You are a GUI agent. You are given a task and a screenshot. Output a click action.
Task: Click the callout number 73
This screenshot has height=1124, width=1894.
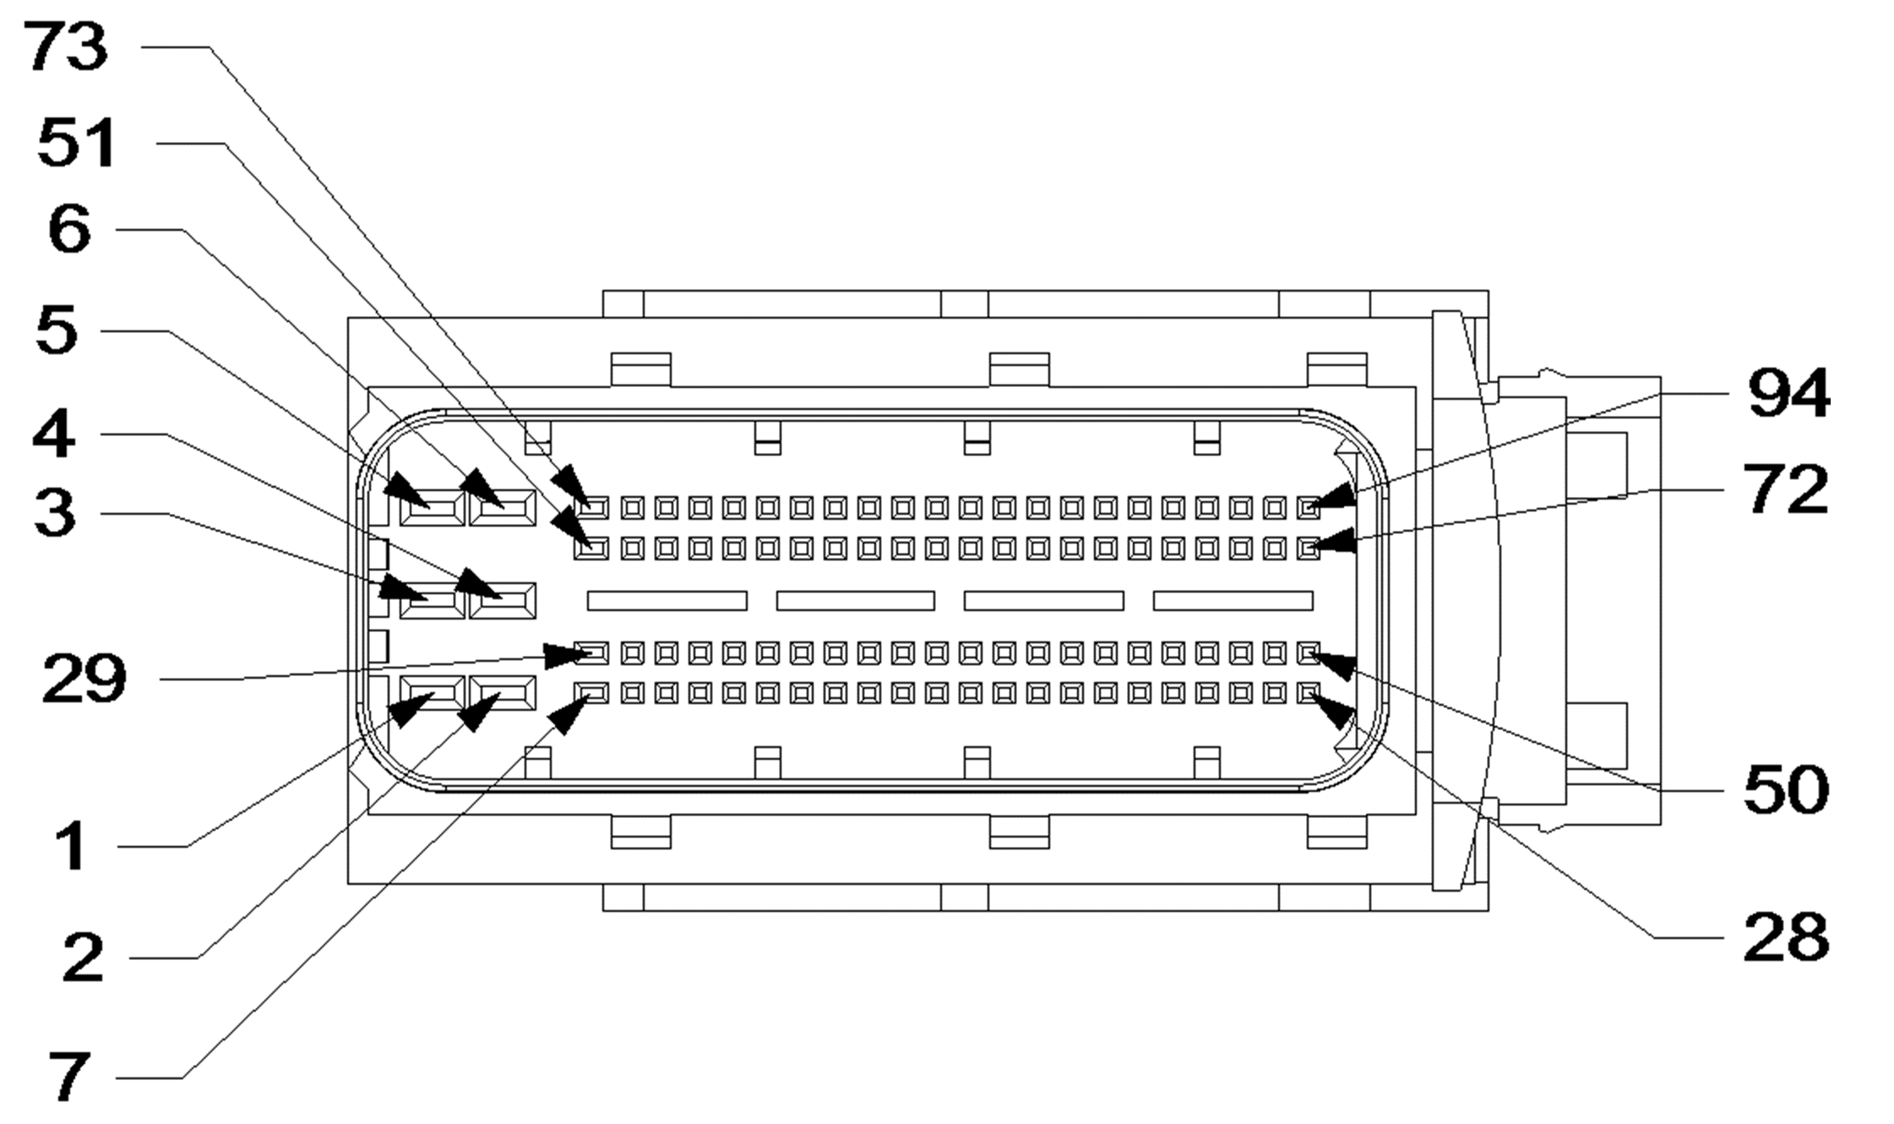click(x=66, y=47)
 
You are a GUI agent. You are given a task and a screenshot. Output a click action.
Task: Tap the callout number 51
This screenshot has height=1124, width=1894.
click(x=77, y=143)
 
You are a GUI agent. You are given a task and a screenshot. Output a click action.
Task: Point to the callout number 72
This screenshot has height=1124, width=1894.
click(x=1786, y=490)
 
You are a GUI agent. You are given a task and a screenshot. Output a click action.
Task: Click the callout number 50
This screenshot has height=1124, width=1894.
click(x=1786, y=790)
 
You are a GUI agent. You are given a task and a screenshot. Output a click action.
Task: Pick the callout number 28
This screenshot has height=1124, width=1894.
click(x=1786, y=937)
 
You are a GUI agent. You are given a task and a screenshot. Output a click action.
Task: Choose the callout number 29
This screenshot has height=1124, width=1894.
click(x=84, y=679)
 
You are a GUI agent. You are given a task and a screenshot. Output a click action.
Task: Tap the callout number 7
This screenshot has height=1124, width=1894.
click(x=69, y=1078)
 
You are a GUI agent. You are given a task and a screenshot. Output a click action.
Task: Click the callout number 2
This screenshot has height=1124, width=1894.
click(x=83, y=958)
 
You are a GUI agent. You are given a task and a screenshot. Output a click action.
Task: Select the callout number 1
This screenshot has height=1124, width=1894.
click(x=71, y=846)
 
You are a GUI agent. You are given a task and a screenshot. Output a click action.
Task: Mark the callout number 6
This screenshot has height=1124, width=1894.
click(x=69, y=229)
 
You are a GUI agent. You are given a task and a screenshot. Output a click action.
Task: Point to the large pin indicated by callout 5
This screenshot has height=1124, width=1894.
click(x=432, y=508)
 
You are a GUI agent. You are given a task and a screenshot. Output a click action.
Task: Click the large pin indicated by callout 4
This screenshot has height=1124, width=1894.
click(x=503, y=601)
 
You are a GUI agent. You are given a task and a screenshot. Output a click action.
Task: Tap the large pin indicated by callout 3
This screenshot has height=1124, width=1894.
click(x=432, y=601)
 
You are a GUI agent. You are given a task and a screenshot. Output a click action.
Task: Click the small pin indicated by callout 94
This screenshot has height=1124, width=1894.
click(x=1309, y=508)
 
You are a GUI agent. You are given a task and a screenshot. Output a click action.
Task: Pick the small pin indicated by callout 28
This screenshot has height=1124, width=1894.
click(x=1309, y=694)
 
